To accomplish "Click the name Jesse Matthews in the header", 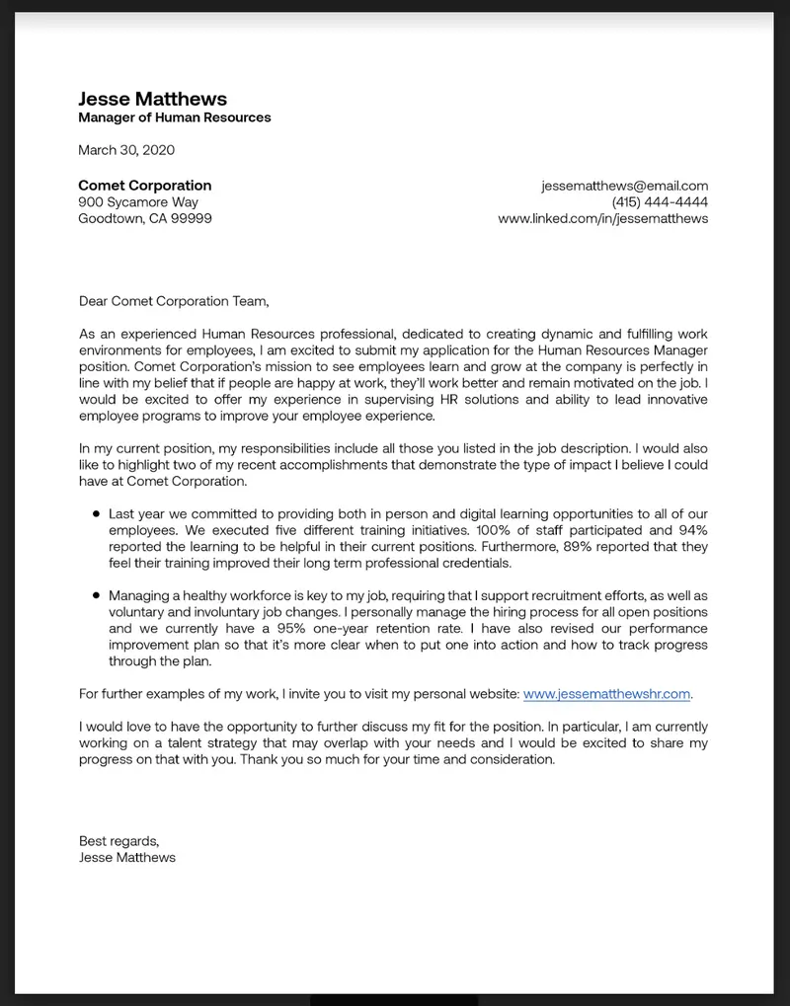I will [x=152, y=99].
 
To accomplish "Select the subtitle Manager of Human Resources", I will [x=174, y=117].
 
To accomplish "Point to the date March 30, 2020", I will [x=125, y=150].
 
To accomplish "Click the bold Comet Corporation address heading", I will [x=144, y=186].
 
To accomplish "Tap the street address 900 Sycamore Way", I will [x=138, y=202].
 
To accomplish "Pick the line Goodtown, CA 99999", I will [x=144, y=219].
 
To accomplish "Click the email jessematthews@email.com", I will [x=624, y=186].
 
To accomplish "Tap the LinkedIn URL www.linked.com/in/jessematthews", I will [x=602, y=219].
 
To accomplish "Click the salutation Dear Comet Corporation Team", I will [x=173, y=301].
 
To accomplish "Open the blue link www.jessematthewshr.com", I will [x=606, y=694].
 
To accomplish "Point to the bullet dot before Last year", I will [x=96, y=514].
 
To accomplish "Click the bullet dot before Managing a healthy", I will [x=96, y=596].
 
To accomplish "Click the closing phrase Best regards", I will [x=118, y=841].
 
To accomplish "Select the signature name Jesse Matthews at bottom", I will [x=126, y=858].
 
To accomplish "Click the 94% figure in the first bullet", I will [x=691, y=530].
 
